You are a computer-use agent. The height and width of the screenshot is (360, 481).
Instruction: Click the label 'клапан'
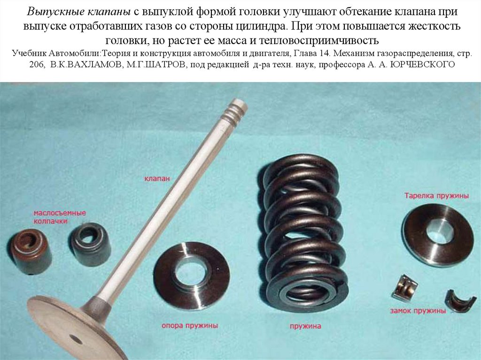[x=156, y=178]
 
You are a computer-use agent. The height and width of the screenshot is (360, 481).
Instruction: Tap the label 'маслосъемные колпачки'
[x=59, y=216]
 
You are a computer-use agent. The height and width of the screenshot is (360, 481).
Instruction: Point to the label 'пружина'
[x=305, y=325]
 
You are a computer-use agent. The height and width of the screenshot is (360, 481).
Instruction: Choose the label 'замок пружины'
[x=417, y=311]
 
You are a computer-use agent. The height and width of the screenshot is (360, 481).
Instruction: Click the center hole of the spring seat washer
[x=190, y=274]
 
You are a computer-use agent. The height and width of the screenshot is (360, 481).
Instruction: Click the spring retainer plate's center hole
[x=439, y=232]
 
